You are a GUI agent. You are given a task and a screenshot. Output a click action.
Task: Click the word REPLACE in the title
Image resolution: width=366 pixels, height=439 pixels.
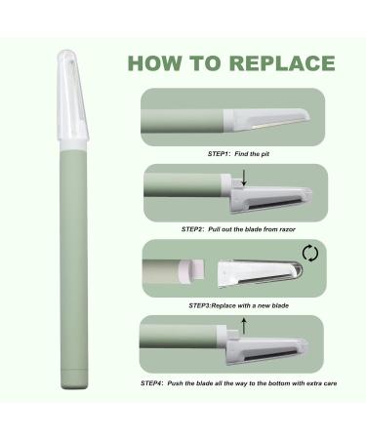[282, 63]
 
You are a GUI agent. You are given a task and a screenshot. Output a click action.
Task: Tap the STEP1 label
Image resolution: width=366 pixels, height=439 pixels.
[219, 154]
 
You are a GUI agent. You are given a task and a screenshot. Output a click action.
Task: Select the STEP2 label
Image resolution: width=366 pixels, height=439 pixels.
[192, 229]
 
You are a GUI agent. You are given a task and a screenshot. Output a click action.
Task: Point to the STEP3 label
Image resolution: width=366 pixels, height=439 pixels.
[200, 305]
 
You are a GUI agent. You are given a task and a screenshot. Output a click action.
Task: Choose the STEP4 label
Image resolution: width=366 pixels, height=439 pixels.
[152, 383]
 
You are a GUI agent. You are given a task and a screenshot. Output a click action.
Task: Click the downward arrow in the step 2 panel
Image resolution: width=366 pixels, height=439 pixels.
[244, 179]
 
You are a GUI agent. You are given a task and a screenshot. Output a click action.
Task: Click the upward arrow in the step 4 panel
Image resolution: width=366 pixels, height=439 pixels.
[244, 326]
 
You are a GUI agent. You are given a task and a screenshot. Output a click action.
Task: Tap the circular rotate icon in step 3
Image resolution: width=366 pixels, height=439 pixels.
[310, 253]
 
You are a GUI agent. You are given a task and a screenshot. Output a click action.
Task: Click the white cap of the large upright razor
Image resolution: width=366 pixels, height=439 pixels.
[72, 98]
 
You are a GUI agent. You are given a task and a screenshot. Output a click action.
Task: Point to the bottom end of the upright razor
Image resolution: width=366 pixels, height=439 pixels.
[74, 387]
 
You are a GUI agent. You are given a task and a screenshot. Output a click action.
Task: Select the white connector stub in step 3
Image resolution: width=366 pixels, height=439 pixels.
[192, 270]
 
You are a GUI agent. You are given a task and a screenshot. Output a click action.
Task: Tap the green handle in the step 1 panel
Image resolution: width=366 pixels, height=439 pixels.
[183, 121]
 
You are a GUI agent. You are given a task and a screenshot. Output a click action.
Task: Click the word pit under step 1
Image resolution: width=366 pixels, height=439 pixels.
[264, 154]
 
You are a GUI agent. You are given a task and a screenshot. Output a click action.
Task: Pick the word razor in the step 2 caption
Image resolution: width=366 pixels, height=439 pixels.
[287, 229]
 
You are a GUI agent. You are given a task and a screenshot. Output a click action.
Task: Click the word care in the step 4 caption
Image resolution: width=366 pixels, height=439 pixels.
[330, 383]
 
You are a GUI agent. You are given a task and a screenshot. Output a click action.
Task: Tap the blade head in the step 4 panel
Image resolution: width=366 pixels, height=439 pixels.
[266, 350]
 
